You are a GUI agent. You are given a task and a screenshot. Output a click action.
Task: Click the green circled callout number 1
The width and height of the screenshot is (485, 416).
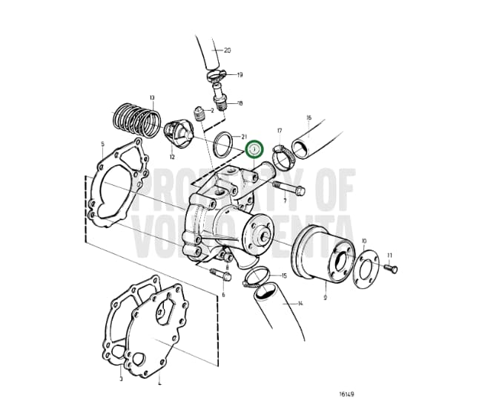coord(254,149)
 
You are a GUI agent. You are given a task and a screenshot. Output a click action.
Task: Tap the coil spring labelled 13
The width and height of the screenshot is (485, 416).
coord(136,119)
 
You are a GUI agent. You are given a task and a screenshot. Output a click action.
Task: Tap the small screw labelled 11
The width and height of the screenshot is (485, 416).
coord(390,267)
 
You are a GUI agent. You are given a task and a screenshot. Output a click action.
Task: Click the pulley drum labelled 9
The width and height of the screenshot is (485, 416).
coord(324,256)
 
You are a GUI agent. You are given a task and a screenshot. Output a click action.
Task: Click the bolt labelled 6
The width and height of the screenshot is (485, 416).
coord(217,274)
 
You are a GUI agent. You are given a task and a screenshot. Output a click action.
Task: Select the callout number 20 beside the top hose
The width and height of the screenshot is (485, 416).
coord(227,51)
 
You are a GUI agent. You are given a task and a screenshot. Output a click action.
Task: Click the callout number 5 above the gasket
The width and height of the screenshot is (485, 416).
coord(102,144)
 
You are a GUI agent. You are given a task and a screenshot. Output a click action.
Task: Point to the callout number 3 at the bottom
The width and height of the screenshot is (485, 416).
coord(121,379)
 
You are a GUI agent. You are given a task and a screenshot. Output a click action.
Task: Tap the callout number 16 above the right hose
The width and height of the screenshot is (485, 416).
coord(309,117)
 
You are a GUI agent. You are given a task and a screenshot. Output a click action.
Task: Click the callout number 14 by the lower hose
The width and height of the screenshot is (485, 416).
coord(300,303)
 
